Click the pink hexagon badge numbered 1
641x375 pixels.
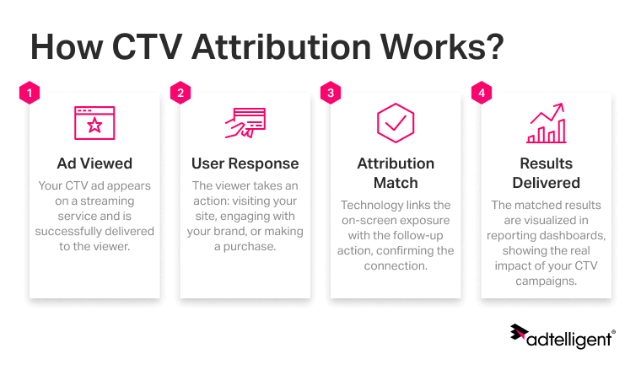pos(30,93)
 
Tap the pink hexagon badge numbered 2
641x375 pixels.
pos(180,93)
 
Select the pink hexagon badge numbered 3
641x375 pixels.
pos(330,93)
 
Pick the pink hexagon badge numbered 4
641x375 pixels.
pos(481,93)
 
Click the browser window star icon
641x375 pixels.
pos(94,123)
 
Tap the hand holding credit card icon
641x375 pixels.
pos(245,123)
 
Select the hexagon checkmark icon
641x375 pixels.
pos(395,123)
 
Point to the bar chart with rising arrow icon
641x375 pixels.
pos(546,124)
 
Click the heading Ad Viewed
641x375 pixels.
pos(94,163)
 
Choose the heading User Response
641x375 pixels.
pos(245,163)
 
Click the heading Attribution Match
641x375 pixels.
pos(395,173)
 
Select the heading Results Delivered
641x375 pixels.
pos(546,173)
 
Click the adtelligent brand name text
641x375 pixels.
pos(571,339)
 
